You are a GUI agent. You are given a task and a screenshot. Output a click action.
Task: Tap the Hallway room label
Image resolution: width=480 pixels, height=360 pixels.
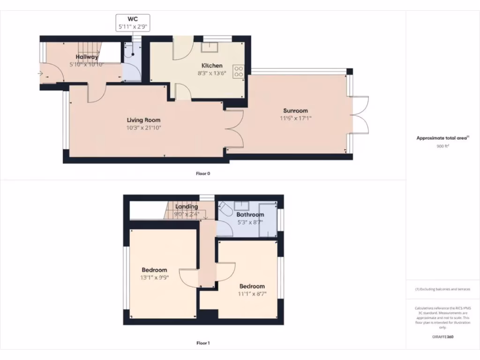(x=87, y=57)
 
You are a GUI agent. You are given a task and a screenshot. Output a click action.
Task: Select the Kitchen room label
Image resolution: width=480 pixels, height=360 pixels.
(x=212, y=66)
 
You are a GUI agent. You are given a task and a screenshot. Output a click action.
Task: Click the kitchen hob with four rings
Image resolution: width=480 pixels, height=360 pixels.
(x=239, y=70)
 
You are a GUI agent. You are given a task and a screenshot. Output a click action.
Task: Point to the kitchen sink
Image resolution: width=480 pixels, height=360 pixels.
(x=209, y=47)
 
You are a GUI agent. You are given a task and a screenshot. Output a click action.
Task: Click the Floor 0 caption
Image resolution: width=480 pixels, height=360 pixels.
(x=203, y=173)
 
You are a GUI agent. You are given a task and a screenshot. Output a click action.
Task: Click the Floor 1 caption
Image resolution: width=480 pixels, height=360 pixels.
(x=203, y=343)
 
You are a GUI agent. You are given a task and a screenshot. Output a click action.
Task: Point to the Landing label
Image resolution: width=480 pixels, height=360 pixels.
(x=187, y=207)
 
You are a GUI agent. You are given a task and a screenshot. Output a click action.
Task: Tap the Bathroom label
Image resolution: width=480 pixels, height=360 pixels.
(x=250, y=215)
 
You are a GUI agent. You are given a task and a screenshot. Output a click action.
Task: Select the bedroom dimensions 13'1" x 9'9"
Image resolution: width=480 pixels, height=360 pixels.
(x=155, y=277)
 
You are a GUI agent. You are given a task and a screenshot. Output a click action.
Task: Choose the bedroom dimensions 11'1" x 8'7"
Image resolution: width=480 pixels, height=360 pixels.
(x=252, y=294)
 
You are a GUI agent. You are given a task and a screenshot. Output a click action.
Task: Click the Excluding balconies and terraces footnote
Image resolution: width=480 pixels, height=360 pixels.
(x=442, y=289)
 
